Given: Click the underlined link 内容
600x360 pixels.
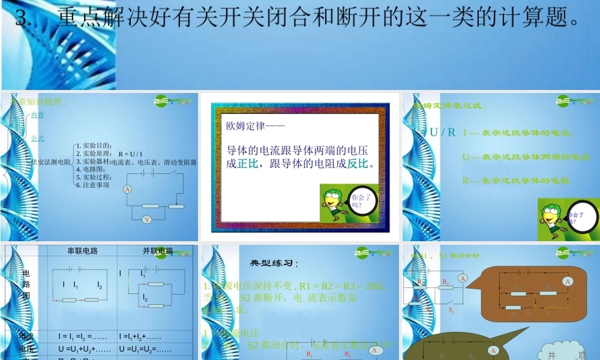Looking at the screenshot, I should (x=37, y=115).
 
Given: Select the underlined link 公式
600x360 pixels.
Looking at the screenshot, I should (x=37, y=139).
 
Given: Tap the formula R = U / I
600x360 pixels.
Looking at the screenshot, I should (x=130, y=154).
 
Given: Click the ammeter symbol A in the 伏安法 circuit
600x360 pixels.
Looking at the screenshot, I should (x=127, y=190).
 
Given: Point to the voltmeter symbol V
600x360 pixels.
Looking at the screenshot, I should (x=146, y=220).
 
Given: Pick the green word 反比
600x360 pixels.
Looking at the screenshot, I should (x=356, y=163).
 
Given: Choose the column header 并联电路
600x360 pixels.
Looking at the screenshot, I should (x=157, y=251).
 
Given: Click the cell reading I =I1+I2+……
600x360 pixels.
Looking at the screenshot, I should (x=144, y=337).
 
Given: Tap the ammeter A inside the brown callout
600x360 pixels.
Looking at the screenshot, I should (x=567, y=281).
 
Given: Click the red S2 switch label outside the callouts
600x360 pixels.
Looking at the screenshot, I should (x=451, y=311).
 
